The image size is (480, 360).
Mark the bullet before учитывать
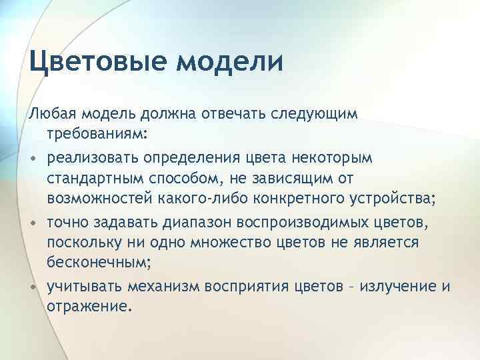click(33, 287)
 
